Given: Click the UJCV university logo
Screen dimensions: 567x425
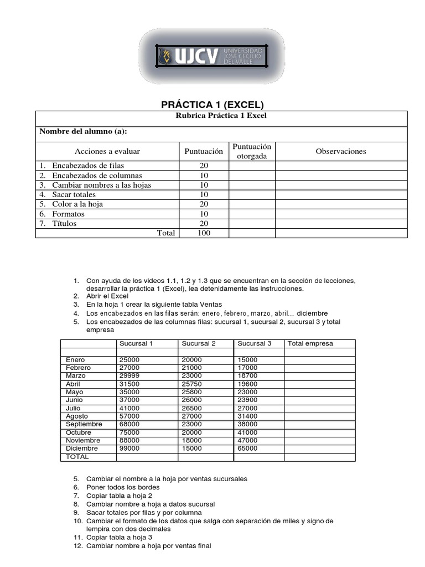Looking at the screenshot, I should click(212, 57).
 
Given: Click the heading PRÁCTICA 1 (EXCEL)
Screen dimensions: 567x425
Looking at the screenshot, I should click(212, 104).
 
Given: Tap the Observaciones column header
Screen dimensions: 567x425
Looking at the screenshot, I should click(341, 151).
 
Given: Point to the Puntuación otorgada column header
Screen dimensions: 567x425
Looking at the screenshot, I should click(252, 151).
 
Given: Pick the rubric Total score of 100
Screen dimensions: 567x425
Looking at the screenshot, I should click(203, 233).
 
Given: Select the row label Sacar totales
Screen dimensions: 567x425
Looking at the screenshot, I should click(74, 194).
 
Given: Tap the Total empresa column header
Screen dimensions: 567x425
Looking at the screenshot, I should click(310, 343).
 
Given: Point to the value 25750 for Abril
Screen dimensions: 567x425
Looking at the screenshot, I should click(192, 384).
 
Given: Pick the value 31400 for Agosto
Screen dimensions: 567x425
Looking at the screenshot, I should click(247, 416).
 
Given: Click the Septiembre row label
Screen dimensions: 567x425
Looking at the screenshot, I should click(84, 424).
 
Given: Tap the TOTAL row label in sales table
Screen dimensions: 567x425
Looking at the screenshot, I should click(77, 457).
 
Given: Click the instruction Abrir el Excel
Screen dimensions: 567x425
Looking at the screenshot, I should click(107, 296).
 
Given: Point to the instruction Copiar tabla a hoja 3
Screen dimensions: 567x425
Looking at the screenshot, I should click(119, 537).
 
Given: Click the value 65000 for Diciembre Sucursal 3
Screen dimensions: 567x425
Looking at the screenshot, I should click(247, 449).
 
